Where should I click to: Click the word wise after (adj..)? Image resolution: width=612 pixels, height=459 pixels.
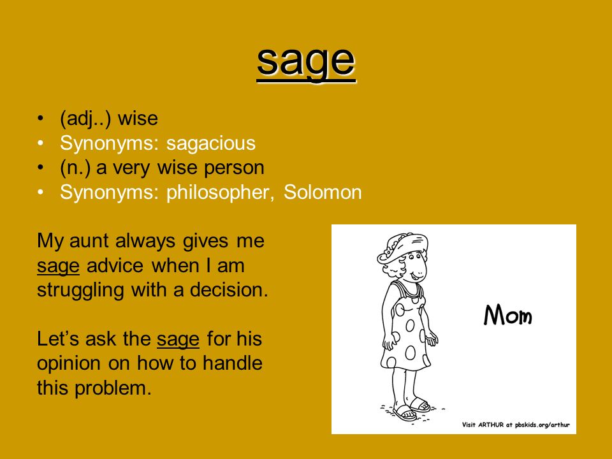click(x=138, y=119)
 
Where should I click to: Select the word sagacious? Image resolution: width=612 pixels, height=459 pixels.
click(x=211, y=143)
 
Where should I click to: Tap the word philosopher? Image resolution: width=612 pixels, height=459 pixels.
click(x=218, y=193)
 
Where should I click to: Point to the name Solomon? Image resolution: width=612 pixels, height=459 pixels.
click(x=323, y=192)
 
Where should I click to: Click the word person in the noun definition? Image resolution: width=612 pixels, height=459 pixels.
click(x=234, y=168)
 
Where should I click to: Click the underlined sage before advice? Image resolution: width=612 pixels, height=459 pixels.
click(x=58, y=266)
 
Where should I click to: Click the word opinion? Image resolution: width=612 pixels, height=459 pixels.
click(x=69, y=364)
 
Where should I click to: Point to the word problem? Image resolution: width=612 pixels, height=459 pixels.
click(x=113, y=388)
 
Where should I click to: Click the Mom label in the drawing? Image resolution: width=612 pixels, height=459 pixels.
click(x=508, y=315)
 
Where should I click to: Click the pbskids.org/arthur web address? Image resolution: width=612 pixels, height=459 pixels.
click(x=542, y=425)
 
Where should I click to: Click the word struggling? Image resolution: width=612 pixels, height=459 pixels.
click(x=80, y=291)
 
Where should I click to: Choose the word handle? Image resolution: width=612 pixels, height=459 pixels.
click(x=233, y=363)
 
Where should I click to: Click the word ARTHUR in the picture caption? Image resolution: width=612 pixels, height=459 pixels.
click(x=491, y=425)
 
